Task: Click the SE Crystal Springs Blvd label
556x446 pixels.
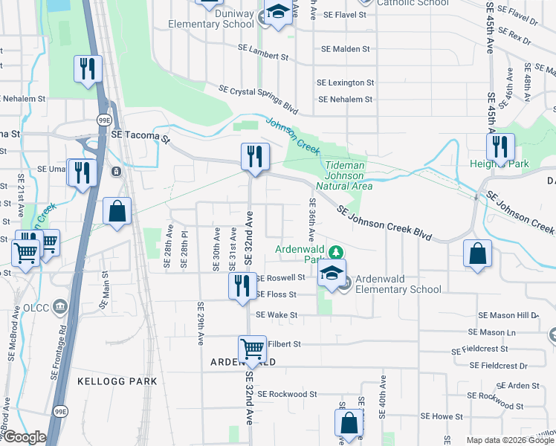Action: click(258, 100)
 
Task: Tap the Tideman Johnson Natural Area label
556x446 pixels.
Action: click(344, 175)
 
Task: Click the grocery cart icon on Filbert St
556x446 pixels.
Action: click(252, 349)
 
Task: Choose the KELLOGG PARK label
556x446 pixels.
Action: click(117, 381)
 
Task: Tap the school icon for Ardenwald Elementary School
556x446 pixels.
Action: click(332, 273)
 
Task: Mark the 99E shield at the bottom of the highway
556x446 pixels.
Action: click(60, 411)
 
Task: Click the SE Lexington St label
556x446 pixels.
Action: click(345, 83)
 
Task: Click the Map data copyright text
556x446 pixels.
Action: click(509, 440)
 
